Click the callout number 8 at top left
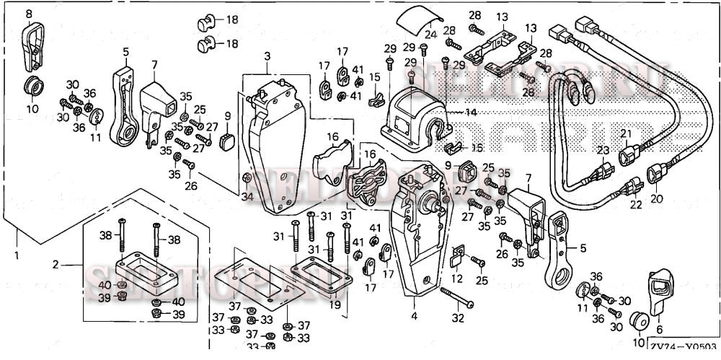(29, 14)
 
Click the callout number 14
(472, 113)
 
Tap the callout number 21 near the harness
(626, 134)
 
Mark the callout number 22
(635, 205)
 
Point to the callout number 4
(414, 315)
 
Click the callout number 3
(267, 56)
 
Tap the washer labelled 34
(247, 179)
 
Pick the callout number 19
(334, 305)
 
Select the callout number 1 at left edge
(17, 255)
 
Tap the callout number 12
(456, 278)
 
